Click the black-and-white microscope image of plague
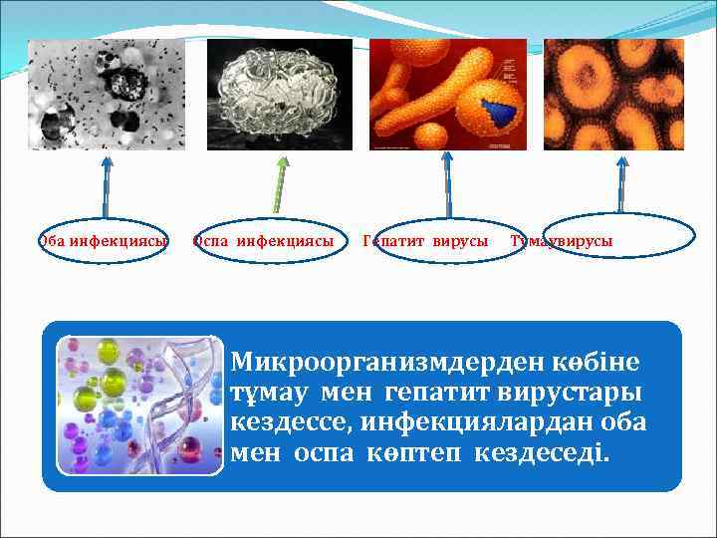[x=106, y=95]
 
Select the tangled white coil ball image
[x=280, y=95]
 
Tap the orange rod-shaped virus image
[x=448, y=95]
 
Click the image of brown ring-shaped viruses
[x=613, y=95]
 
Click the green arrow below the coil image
[x=280, y=185]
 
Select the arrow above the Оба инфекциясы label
[x=106, y=185]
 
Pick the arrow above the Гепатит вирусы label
[x=447, y=185]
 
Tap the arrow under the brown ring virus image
[x=620, y=185]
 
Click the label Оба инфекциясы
[x=104, y=241]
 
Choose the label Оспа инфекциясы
[x=264, y=241]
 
